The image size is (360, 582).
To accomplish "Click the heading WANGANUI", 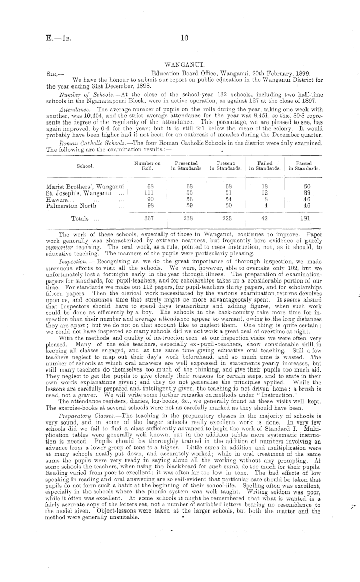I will pos(179,66).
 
